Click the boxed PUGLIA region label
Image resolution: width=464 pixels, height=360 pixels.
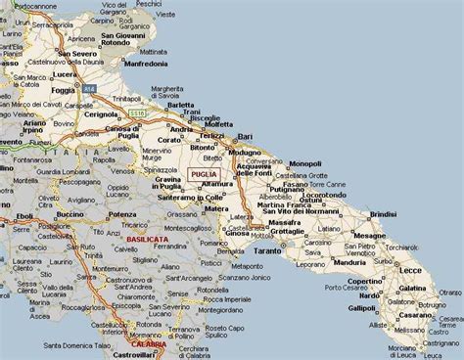[x=204, y=174]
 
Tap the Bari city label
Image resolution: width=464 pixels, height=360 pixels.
[x=245, y=136]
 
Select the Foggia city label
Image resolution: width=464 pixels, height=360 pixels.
[x=35, y=91]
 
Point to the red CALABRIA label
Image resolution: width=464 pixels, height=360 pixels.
[x=146, y=343]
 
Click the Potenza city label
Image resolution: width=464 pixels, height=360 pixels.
[x=123, y=213]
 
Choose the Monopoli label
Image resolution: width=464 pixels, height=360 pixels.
[x=304, y=163]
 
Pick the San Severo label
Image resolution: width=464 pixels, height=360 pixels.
[x=75, y=54]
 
